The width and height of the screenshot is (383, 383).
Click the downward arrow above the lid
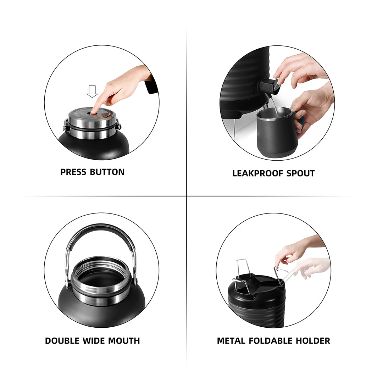tap(92, 91)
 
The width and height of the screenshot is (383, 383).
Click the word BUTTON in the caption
tap(107, 172)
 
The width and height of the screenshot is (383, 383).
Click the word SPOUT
tap(300, 173)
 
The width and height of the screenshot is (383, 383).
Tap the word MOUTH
tap(124, 341)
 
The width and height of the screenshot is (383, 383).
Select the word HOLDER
tap(314, 341)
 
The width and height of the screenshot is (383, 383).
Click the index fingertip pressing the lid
tap(93, 112)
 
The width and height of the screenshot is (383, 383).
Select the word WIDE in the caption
tap(94, 341)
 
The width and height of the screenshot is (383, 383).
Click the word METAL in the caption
tap(231, 341)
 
